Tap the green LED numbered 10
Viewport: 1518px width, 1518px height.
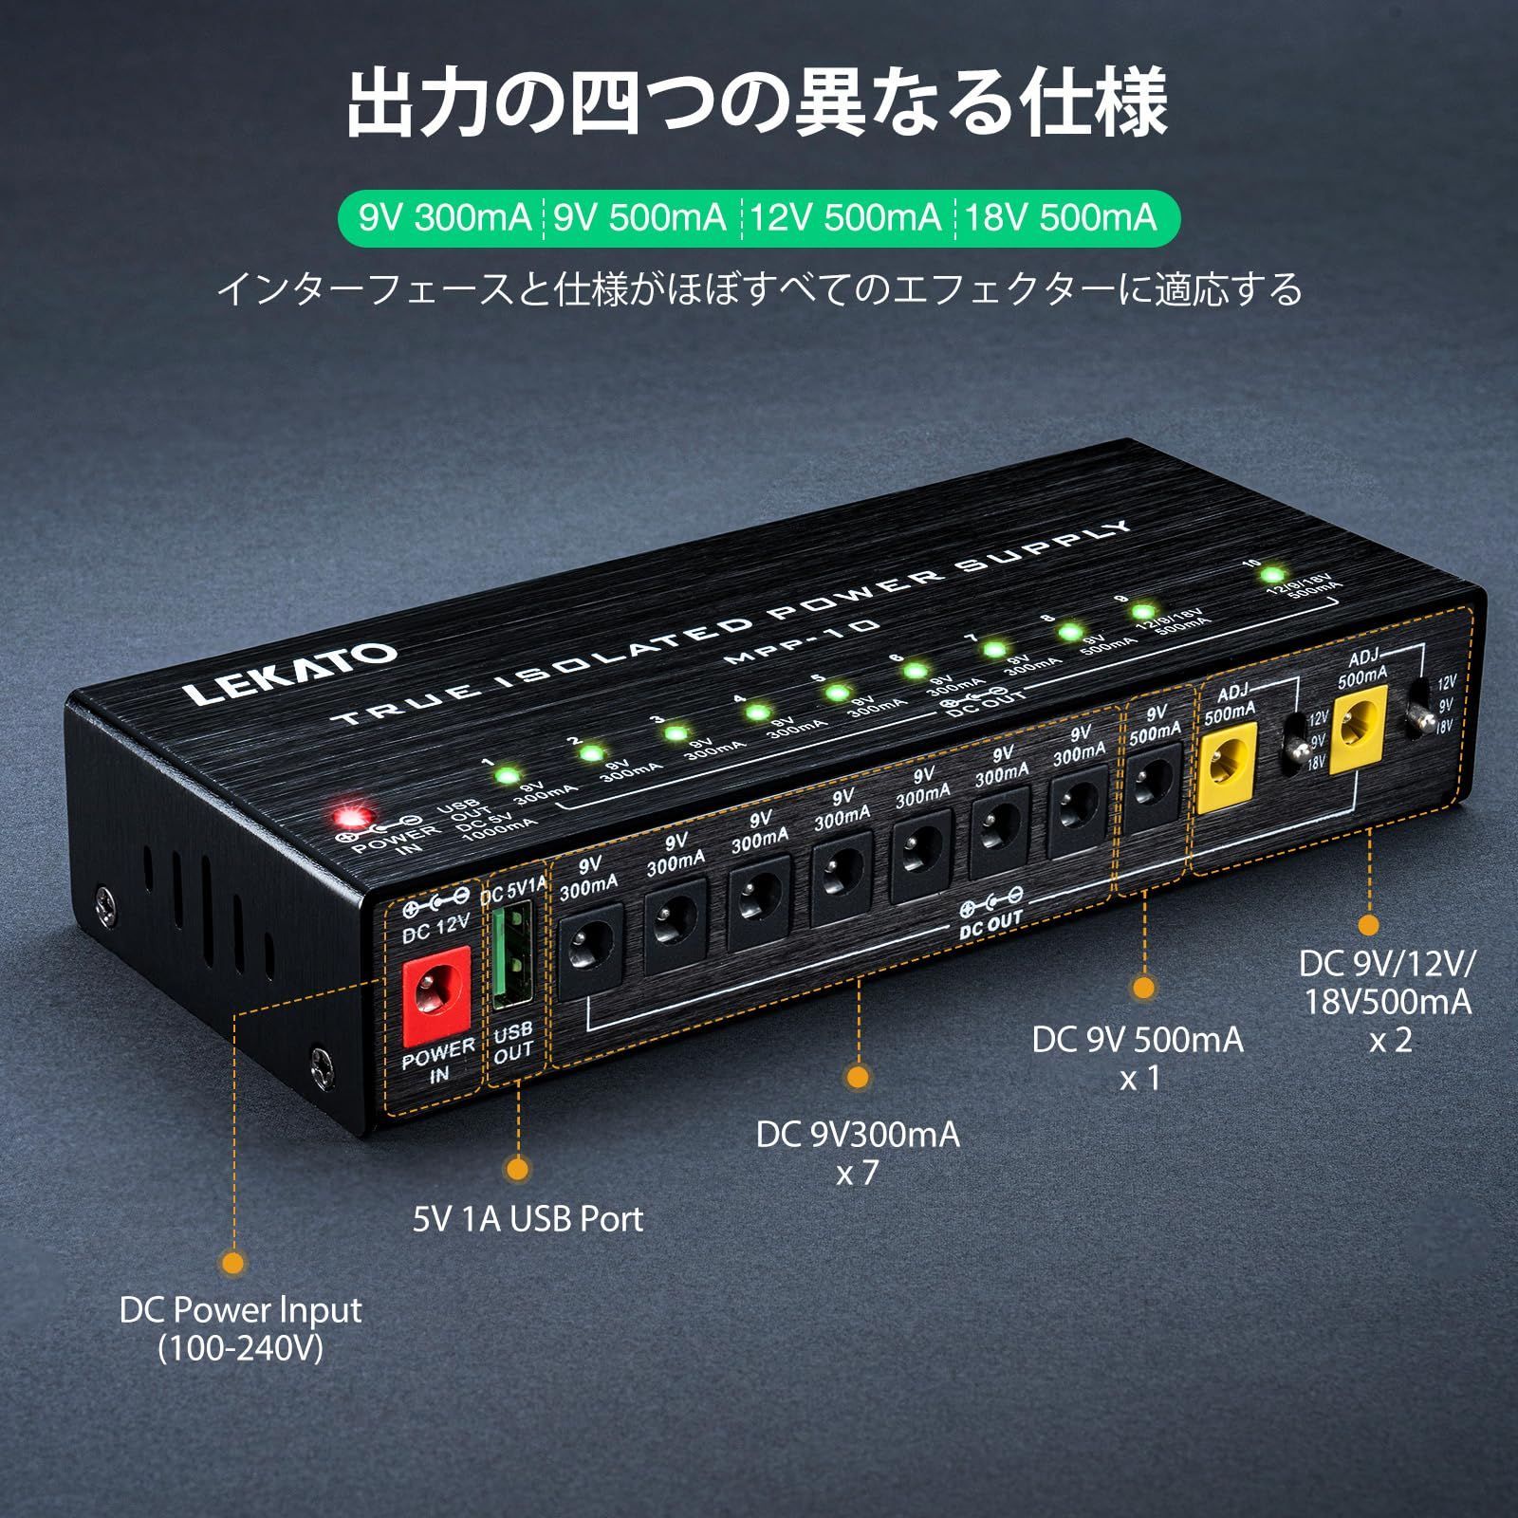(x=1272, y=575)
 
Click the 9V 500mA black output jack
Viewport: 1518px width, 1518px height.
(x=1154, y=784)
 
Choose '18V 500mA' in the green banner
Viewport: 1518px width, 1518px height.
(x=1062, y=218)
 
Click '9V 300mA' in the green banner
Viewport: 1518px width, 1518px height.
(x=445, y=218)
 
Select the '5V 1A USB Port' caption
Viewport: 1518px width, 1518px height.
(x=528, y=1219)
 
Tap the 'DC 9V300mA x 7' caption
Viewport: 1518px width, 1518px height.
(x=858, y=1153)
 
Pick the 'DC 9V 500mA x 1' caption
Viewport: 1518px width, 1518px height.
(x=1138, y=1058)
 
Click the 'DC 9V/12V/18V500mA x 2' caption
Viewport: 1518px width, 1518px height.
(x=1386, y=1001)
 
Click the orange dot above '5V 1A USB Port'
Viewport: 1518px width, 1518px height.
(x=518, y=1169)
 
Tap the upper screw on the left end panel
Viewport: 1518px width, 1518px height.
(x=105, y=895)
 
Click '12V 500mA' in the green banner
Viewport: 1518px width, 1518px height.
(x=845, y=218)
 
